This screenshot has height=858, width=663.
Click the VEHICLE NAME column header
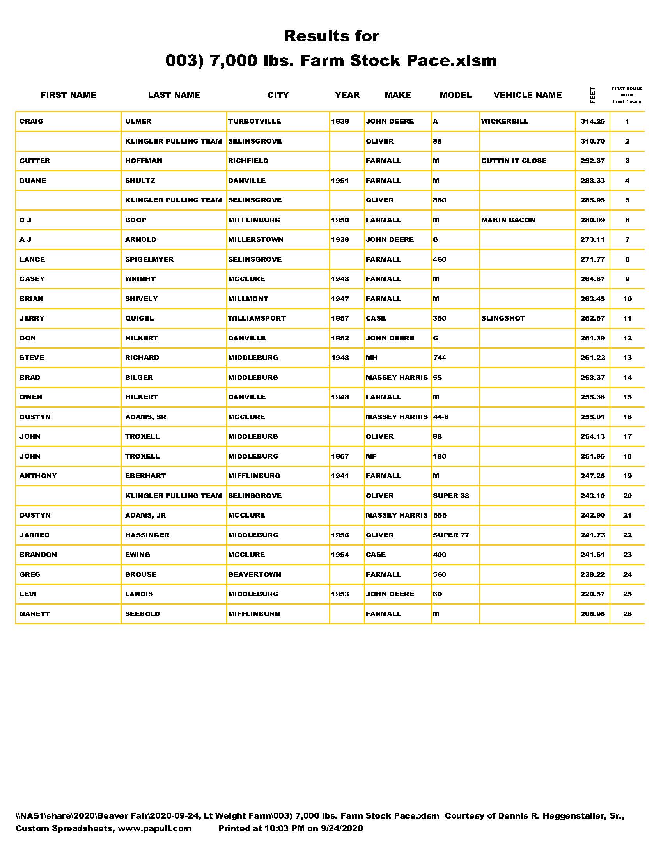[527, 95]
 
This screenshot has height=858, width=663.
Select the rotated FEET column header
[593, 95]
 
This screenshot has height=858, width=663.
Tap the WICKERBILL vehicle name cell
[504, 121]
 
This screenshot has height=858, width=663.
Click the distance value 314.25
[592, 121]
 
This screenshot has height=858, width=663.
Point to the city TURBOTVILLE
[254, 121]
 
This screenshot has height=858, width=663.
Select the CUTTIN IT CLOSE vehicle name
[513, 161]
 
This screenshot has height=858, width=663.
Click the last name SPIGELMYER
[149, 259]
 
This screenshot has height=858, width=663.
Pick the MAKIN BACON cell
[508, 220]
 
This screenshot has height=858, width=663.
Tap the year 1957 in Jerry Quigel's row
[340, 318]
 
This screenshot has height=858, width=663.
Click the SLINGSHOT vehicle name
[503, 318]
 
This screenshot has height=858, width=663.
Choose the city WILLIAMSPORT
[257, 318]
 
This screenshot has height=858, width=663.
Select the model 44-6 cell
[440, 417]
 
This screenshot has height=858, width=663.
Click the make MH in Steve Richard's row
[371, 358]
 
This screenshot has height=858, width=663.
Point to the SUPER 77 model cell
[451, 535]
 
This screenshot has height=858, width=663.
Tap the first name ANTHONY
[38, 476]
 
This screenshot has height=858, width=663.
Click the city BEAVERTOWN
[255, 574]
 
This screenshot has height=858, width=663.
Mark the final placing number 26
[627, 613]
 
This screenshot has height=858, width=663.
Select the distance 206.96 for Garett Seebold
[592, 613]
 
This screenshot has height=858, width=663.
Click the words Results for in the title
[331, 36]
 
